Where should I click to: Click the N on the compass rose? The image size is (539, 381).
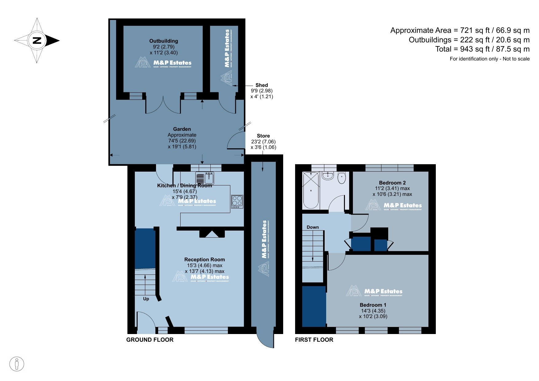coord(37,40)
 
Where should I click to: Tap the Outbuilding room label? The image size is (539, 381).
coord(163,41)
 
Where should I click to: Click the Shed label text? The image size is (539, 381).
coord(261,85)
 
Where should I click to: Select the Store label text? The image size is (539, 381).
coord(263,136)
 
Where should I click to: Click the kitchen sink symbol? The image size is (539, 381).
coord(205,178)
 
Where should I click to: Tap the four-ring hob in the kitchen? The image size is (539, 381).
coord(237,201)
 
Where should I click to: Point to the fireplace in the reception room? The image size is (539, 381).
coord(212,234)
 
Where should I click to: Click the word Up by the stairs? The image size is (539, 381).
coord(146,299)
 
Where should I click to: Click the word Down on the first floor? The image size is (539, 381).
coord(313,227)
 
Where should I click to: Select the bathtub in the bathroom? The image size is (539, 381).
coord(311,191)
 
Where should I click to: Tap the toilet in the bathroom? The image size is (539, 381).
coord(342,178)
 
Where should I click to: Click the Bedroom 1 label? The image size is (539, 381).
coord(373,305)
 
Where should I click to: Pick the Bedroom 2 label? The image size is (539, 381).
coord(392,183)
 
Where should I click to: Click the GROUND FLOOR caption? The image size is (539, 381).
coord(150,340)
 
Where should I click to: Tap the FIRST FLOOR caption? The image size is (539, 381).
coord(314,340)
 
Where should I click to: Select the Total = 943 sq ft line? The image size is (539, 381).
coord(482,49)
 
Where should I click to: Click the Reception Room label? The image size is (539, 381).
coord(205,259)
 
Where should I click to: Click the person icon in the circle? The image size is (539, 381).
coord(17,364)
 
